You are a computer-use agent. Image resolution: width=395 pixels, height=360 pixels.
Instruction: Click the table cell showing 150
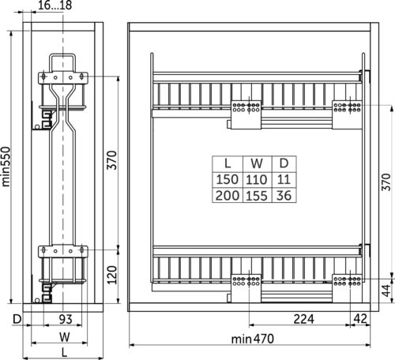click(x=228, y=179)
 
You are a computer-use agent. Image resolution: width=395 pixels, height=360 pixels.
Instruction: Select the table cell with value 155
click(x=257, y=195)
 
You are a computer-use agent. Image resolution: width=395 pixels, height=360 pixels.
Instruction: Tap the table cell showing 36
click(x=284, y=195)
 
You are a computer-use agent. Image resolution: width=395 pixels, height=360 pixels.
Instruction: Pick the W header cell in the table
click(x=257, y=164)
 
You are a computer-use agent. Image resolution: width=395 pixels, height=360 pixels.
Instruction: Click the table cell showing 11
click(x=284, y=179)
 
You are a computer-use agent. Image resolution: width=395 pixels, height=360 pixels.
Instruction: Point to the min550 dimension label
click(x=6, y=167)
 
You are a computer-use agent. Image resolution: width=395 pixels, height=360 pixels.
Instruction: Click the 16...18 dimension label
click(x=55, y=6)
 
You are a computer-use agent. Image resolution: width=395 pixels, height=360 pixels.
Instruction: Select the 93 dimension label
click(x=66, y=319)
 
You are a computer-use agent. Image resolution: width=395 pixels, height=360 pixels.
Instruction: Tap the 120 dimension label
click(x=112, y=275)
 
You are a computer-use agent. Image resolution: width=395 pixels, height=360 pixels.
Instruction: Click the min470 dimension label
click(x=253, y=339)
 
